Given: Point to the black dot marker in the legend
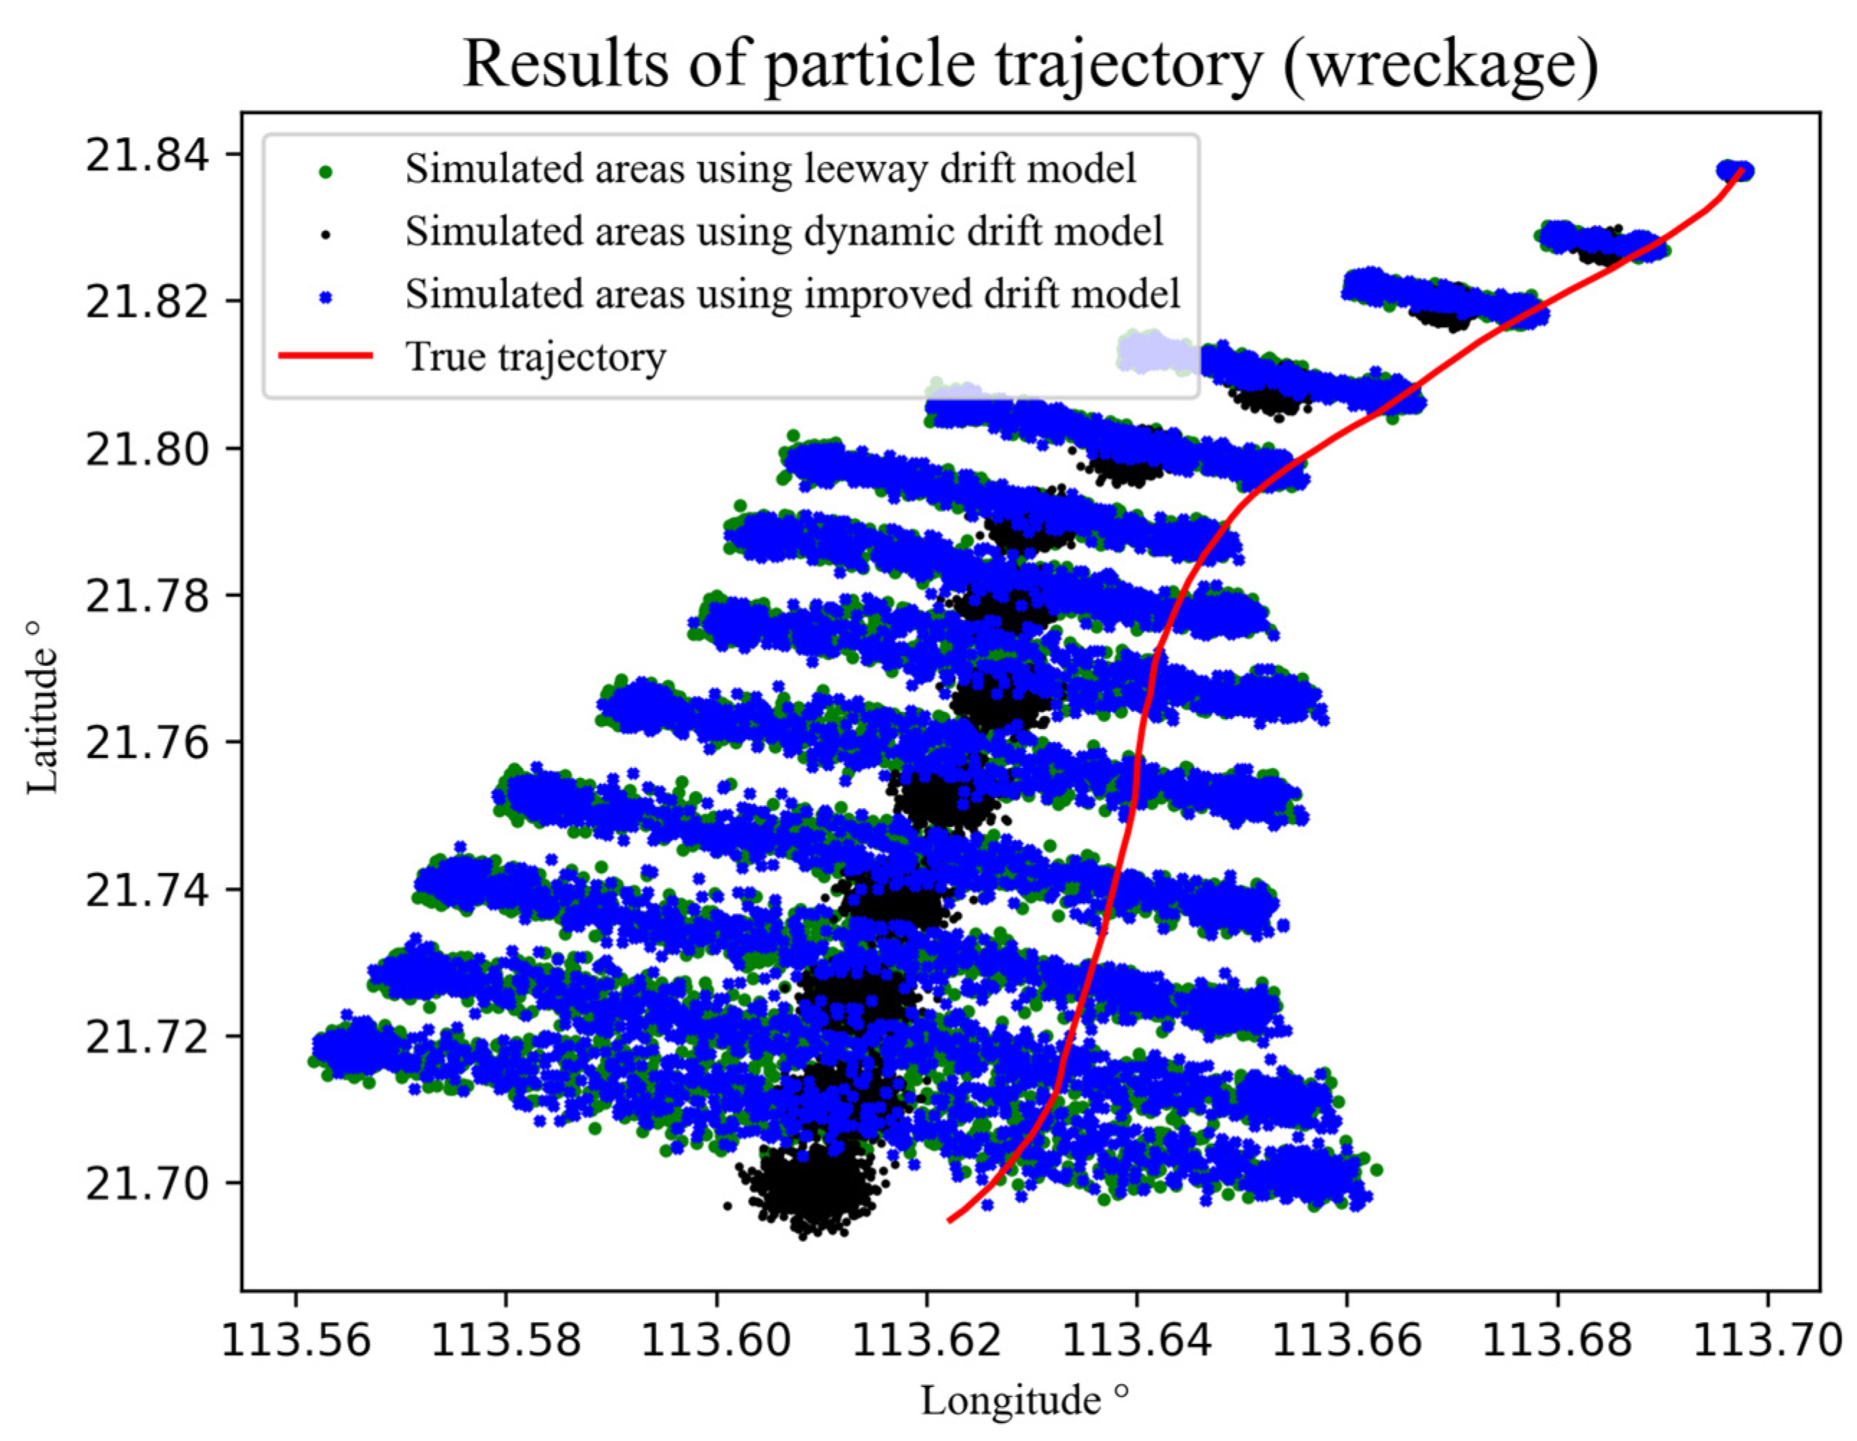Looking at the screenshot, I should [x=325, y=234].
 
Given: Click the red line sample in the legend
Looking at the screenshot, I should [x=326, y=356].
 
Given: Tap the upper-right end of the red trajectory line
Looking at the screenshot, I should [x=1741, y=170].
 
